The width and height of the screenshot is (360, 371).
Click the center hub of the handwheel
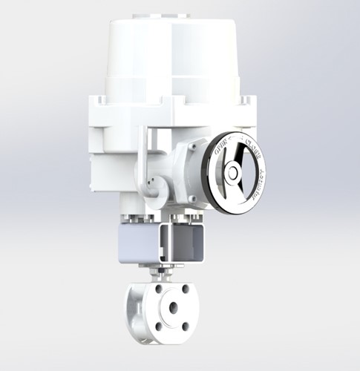pos(233,173)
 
